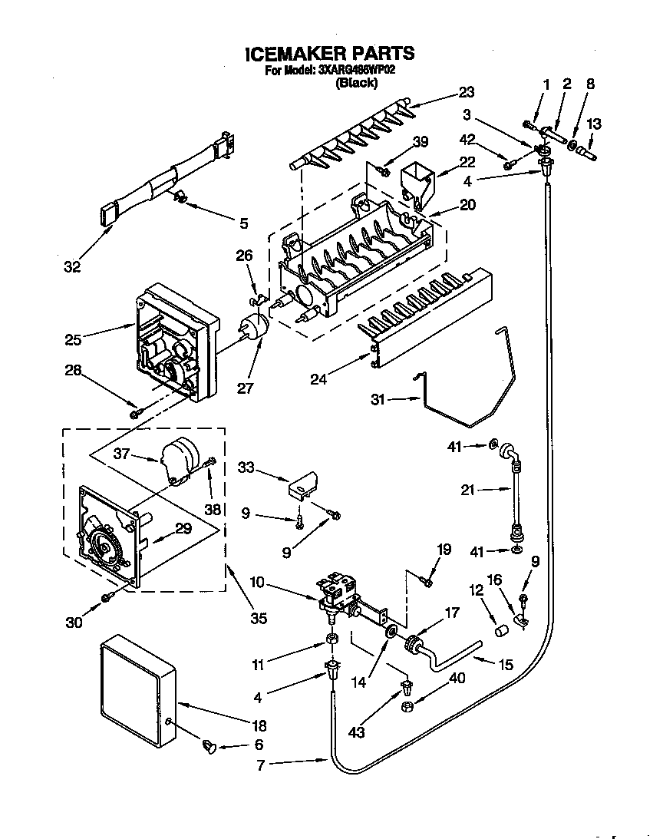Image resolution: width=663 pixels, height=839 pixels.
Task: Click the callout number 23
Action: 467,92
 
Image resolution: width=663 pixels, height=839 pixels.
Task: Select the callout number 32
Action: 72,266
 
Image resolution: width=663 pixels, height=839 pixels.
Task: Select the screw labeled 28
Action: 137,413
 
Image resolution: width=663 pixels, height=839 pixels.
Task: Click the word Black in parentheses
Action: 356,84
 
